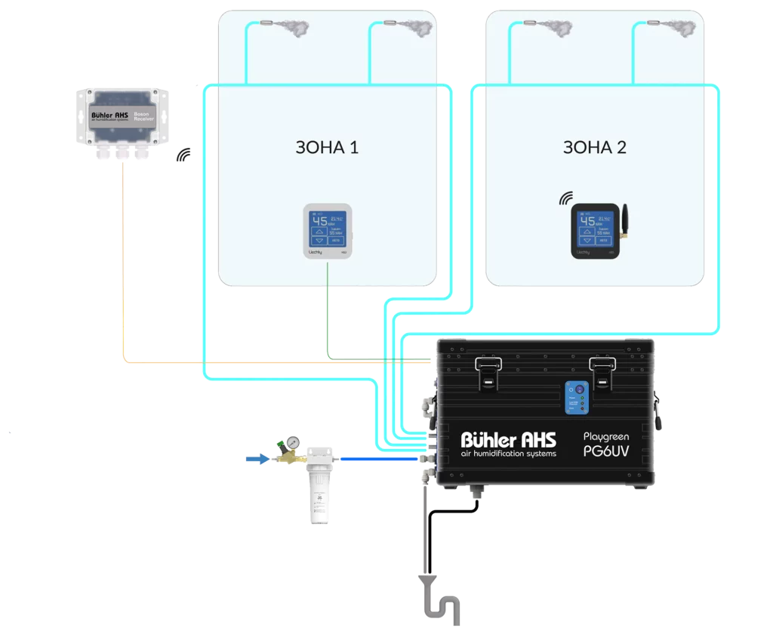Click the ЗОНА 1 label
tap(327, 147)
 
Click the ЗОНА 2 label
tap(594, 147)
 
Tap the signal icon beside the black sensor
tap(565, 199)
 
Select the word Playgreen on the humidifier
tap(606, 435)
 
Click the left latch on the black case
tap(488, 372)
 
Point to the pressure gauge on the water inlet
tap(292, 442)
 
